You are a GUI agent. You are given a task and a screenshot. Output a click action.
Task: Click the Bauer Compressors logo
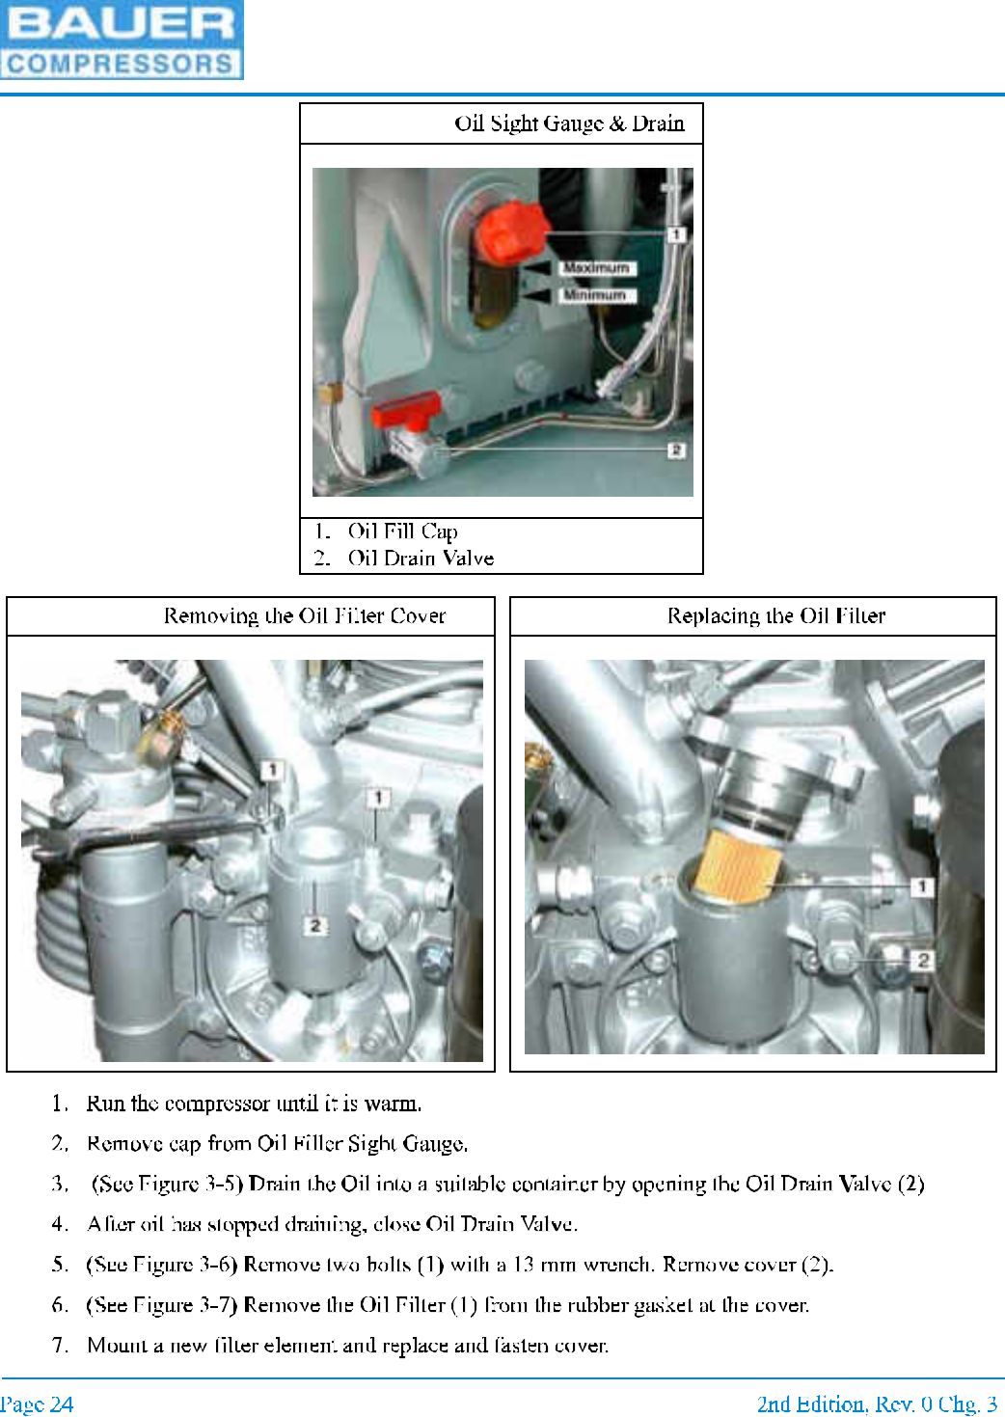122,40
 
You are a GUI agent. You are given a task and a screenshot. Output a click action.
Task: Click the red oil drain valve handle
405,410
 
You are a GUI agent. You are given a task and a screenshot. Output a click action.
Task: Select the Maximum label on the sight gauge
596,268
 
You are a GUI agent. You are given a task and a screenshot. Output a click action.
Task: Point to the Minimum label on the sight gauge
596,295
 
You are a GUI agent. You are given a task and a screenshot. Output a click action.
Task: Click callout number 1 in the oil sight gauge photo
676,234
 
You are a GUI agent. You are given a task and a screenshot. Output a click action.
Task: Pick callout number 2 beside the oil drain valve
676,450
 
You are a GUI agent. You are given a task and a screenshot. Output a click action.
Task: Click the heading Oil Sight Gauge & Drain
569,123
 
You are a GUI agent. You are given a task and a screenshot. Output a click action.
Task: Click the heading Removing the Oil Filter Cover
305,616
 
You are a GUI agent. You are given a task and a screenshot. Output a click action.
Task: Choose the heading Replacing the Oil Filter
776,615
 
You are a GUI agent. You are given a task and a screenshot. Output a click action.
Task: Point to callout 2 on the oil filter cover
315,925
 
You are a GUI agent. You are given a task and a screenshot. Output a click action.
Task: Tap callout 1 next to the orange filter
921,886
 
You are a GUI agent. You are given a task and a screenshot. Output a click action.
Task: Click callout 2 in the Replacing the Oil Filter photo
922,961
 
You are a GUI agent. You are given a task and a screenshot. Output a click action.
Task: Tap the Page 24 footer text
37,1404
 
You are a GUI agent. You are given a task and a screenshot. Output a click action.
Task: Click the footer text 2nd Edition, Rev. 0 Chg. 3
878,1404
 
